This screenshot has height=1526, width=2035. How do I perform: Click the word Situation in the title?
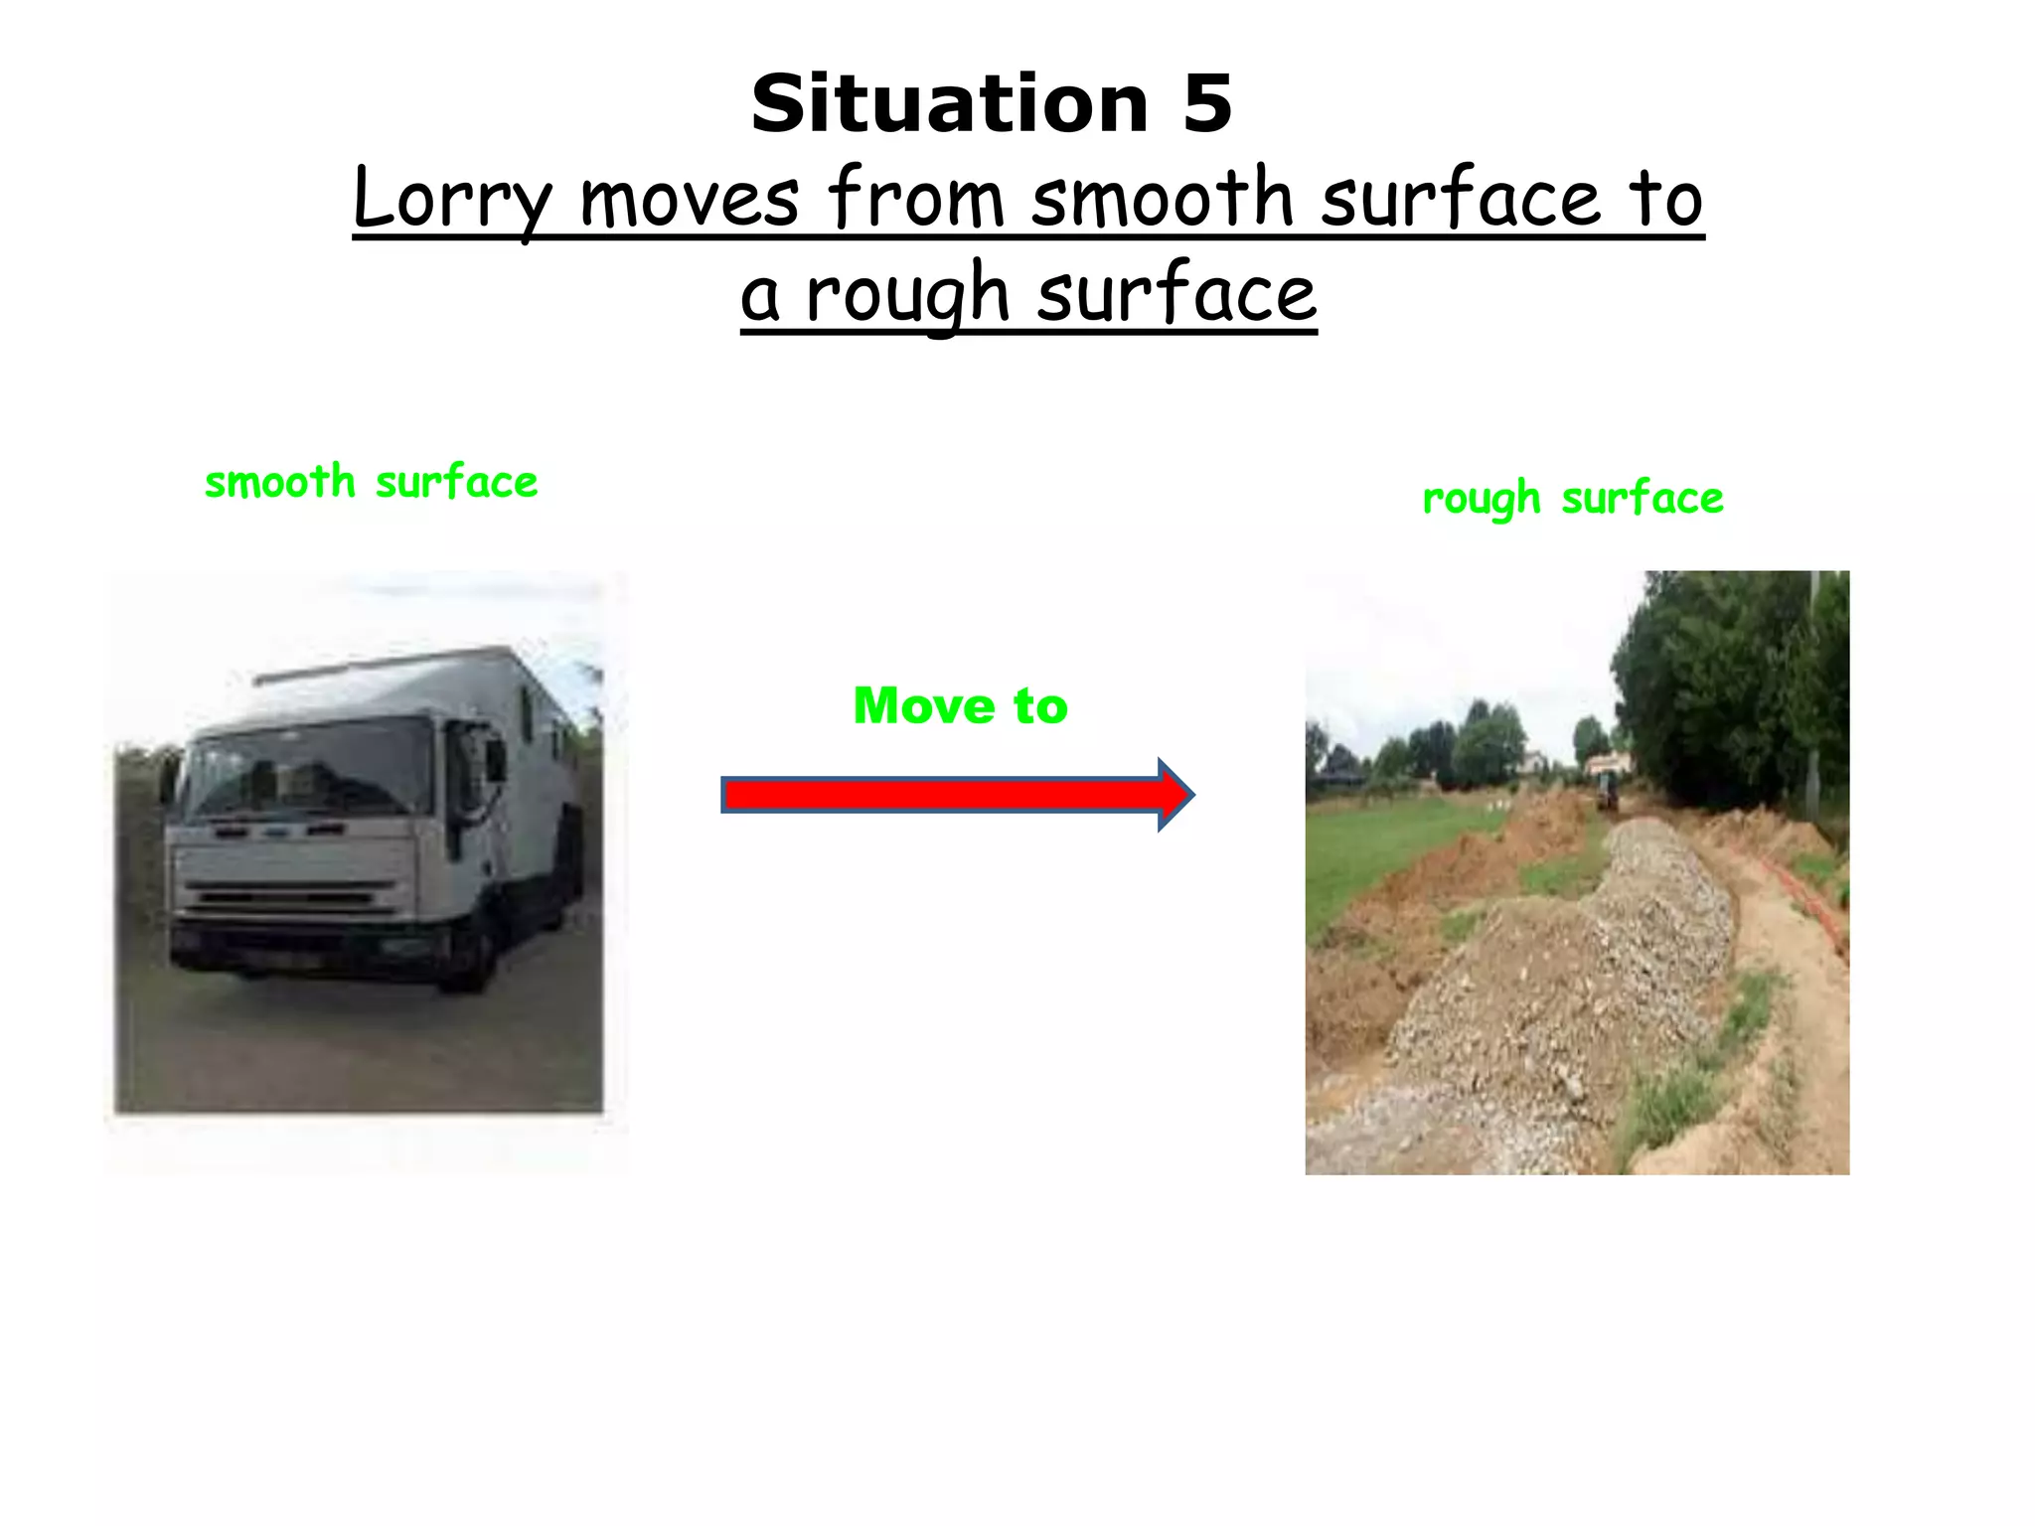(949, 104)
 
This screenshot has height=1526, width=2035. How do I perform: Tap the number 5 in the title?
(1207, 104)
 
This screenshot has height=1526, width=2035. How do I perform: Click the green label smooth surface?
(371, 483)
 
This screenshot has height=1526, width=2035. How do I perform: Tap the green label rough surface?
(1572, 499)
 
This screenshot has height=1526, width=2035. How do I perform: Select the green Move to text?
(960, 705)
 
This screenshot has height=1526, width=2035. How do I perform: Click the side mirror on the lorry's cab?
(494, 760)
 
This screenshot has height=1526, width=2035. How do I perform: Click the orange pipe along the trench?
(1803, 899)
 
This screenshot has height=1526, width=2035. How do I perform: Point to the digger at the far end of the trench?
(1605, 790)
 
